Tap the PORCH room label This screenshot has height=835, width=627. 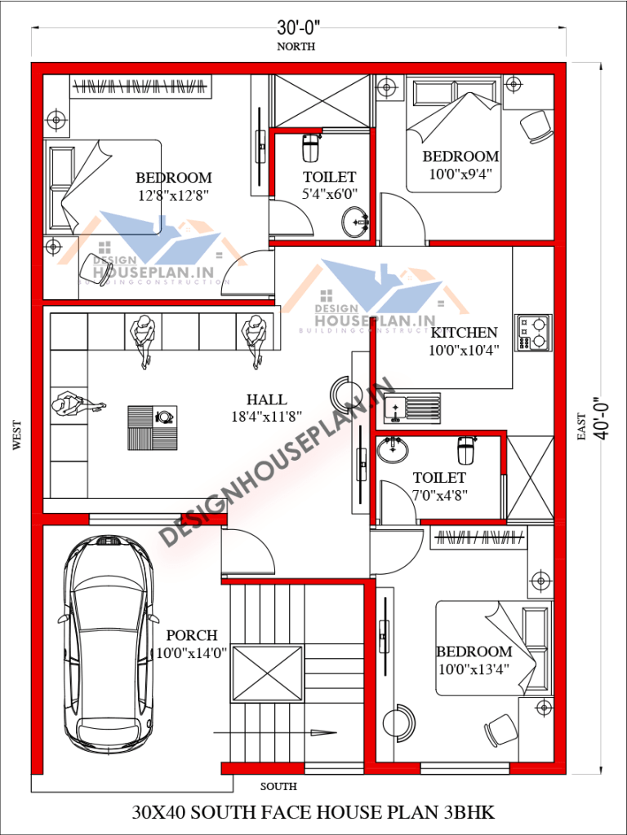coord(192,635)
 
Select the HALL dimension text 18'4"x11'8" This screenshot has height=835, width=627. coord(267,416)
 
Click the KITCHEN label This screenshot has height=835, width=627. coord(464,333)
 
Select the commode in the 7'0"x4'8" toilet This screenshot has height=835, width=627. coord(466,450)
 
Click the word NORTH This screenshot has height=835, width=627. coord(296,46)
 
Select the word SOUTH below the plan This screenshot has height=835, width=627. coord(278,787)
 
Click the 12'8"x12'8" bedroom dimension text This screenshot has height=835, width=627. coord(174,195)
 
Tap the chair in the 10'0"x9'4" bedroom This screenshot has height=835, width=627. coord(536,125)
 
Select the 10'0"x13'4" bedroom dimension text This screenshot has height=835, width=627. coord(474,669)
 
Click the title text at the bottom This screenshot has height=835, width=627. coord(313,813)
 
